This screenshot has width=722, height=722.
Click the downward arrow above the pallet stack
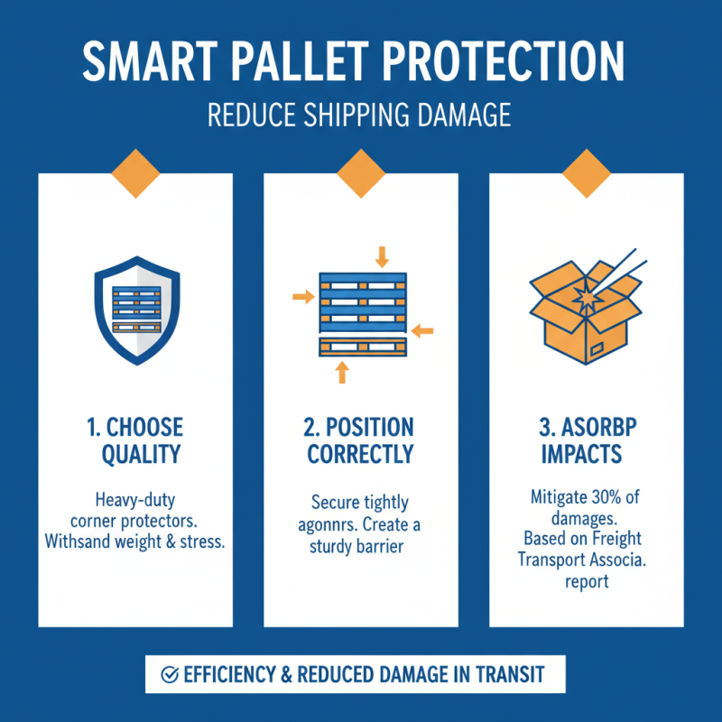click(x=382, y=256)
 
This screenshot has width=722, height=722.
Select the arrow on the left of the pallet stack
click(x=301, y=294)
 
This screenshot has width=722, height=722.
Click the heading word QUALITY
click(x=135, y=454)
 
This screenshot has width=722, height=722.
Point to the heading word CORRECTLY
click(x=360, y=454)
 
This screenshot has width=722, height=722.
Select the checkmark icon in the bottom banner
click(x=168, y=674)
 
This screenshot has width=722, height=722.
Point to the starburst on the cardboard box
click(x=588, y=297)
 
